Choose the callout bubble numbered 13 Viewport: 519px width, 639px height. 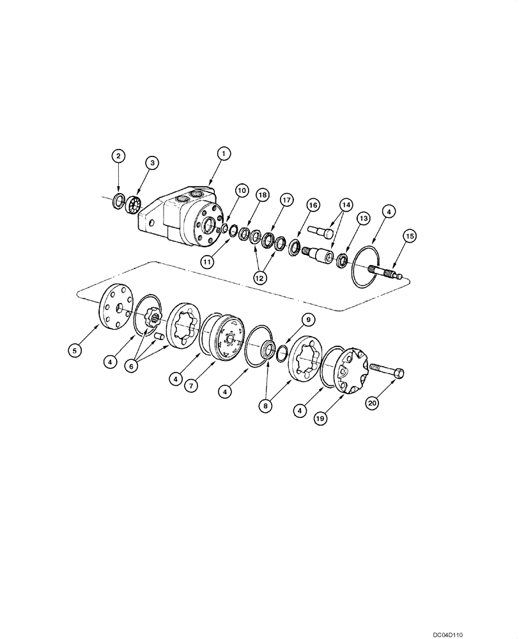(x=364, y=219)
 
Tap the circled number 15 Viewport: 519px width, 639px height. (x=410, y=236)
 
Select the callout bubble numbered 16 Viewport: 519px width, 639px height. (x=312, y=204)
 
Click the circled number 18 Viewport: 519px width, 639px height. (x=262, y=194)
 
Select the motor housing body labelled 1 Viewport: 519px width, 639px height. (x=185, y=217)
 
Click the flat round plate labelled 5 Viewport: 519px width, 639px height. (x=116, y=307)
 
